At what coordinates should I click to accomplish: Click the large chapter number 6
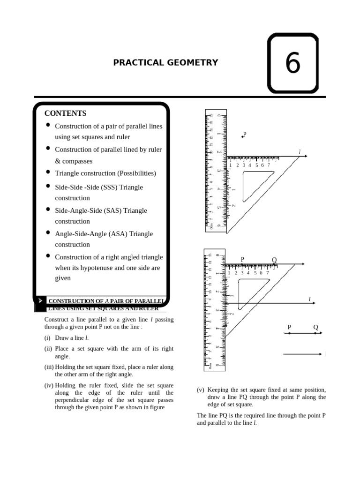tap(292, 63)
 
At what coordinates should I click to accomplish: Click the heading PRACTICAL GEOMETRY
tap(165, 62)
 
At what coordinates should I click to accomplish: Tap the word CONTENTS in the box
tap(66, 113)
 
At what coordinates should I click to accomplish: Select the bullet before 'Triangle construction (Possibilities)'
tap(48, 172)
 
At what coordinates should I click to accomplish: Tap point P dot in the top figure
tap(242, 136)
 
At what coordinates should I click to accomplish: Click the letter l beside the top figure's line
tap(300, 151)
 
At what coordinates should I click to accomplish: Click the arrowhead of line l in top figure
tap(305, 156)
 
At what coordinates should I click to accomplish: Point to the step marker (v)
tap(201, 390)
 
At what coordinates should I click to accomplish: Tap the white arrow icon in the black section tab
tap(40, 300)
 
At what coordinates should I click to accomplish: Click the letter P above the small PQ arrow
tap(289, 327)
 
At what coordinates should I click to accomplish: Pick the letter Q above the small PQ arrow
tap(315, 327)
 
